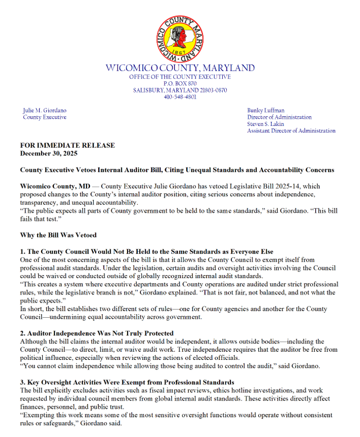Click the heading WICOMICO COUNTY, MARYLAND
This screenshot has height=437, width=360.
(179, 68)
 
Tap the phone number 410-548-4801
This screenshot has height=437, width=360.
(179, 97)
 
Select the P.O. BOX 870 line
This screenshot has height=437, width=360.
(179, 83)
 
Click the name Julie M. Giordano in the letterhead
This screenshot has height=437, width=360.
(45, 111)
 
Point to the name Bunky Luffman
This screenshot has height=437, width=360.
(265, 111)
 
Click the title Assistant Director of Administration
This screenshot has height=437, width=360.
(291, 131)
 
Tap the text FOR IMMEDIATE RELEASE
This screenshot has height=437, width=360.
(67, 145)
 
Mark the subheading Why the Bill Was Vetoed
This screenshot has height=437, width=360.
(58, 235)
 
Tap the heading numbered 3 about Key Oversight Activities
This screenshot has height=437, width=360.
(127, 382)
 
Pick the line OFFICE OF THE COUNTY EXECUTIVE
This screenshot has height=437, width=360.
(179, 77)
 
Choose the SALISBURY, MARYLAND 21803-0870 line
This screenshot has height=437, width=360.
(179, 90)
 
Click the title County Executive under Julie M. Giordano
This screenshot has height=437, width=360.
(45, 117)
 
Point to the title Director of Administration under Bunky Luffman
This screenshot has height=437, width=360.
(279, 117)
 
